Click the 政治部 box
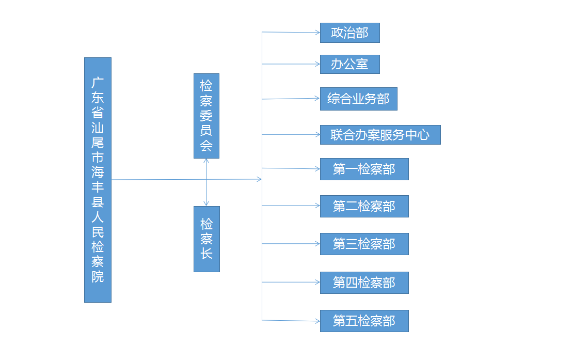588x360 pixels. (x=349, y=33)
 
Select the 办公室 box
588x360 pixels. (x=349, y=65)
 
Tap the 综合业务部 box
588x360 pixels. (x=358, y=99)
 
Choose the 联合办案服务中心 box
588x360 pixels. (x=380, y=135)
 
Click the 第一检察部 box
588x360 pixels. (x=364, y=169)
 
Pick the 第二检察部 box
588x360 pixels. (x=364, y=206)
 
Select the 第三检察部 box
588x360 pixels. (x=364, y=244)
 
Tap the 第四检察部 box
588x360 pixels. (x=364, y=283)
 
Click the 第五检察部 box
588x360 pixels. (x=364, y=321)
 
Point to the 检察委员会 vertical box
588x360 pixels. (x=206, y=116)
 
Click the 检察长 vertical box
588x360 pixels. (x=206, y=239)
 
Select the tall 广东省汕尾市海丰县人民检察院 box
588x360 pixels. (x=98, y=180)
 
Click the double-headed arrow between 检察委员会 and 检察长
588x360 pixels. (x=206, y=182)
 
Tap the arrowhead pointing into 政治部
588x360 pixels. (x=317, y=33)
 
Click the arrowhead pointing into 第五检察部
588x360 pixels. (x=317, y=321)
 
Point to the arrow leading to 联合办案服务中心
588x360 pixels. (x=292, y=134)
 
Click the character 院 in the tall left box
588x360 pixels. (x=98, y=276)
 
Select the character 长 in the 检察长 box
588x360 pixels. (x=206, y=254)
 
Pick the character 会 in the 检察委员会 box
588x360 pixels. (x=206, y=145)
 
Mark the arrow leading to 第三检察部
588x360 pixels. (x=292, y=244)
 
